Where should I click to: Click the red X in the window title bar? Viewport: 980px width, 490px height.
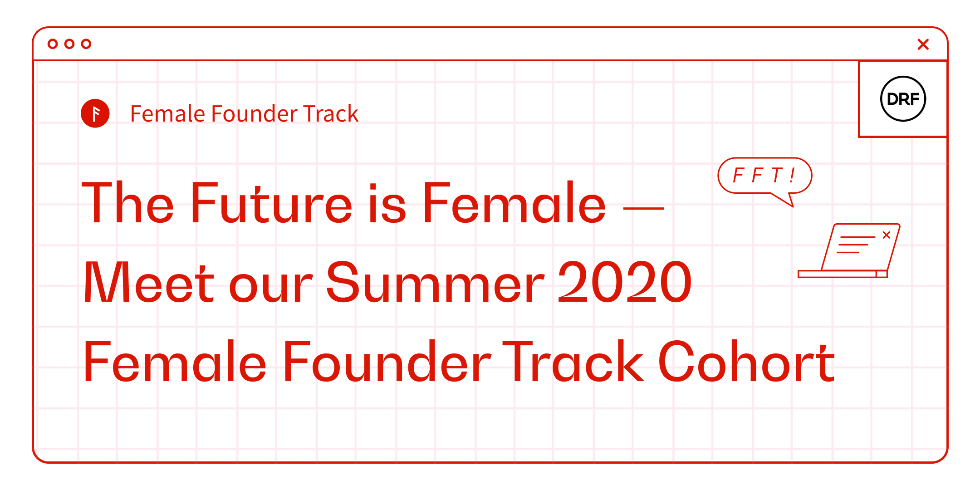[923, 44]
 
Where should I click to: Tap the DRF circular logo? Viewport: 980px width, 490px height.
[903, 98]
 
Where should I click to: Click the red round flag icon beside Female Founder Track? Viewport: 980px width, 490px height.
[95, 113]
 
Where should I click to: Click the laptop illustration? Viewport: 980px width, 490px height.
[848, 250]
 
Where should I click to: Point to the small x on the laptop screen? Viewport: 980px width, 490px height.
[887, 235]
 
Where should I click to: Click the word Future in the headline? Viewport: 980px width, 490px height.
[271, 203]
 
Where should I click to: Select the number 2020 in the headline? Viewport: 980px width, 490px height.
[625, 282]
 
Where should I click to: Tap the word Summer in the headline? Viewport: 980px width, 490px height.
[435, 282]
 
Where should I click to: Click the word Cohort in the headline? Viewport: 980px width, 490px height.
[746, 362]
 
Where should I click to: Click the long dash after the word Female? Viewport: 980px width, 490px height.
[643, 208]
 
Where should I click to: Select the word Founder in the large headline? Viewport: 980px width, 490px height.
[387, 362]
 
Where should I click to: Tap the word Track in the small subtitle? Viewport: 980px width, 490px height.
[331, 113]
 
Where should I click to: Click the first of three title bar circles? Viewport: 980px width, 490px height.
[53, 44]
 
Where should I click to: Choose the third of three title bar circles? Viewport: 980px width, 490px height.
[86, 44]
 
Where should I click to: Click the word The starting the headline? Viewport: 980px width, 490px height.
[128, 203]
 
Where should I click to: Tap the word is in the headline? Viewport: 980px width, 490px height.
[387, 203]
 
